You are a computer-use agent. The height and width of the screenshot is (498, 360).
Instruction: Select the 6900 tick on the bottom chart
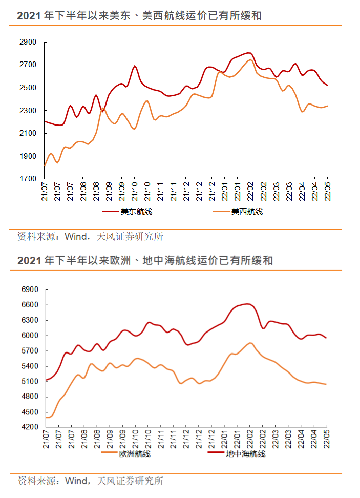click(30, 289)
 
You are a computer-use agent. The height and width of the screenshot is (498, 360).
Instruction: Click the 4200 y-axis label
click(30, 427)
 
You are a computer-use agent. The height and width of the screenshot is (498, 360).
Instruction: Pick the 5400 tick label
click(30, 366)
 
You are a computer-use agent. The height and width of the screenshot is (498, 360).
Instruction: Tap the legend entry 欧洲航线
click(135, 453)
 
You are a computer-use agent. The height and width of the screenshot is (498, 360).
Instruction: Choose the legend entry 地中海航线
click(245, 453)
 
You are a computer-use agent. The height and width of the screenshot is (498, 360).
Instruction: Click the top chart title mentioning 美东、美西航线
click(139, 16)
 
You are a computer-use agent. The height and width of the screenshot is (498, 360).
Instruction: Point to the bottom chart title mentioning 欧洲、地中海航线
click(144, 261)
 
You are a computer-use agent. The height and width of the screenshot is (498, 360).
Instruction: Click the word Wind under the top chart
click(75, 237)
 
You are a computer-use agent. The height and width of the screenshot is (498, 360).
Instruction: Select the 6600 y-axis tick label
click(30, 305)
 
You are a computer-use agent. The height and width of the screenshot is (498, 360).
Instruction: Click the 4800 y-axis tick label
click(30, 397)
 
